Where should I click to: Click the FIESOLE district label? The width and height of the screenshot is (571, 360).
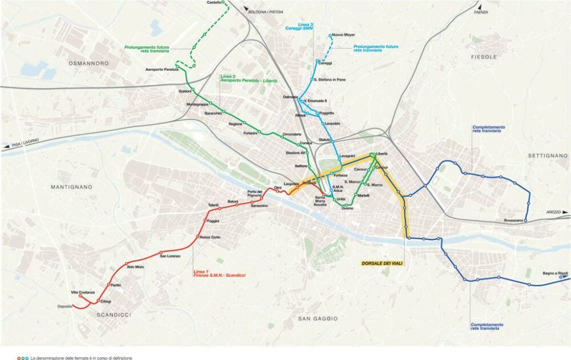[484, 57]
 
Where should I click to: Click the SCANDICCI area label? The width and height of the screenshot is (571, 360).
[114, 315]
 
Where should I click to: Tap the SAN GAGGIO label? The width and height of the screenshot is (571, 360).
[318, 318]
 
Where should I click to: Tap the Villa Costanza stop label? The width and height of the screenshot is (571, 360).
[83, 292]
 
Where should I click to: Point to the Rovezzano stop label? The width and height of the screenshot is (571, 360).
[513, 221]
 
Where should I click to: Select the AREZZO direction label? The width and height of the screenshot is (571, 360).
[553, 212]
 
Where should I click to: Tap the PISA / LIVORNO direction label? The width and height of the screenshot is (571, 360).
[21, 146]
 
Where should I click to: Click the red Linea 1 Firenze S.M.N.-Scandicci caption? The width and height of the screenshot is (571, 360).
[219, 274]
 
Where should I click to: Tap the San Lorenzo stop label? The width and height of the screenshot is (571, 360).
[170, 256]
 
